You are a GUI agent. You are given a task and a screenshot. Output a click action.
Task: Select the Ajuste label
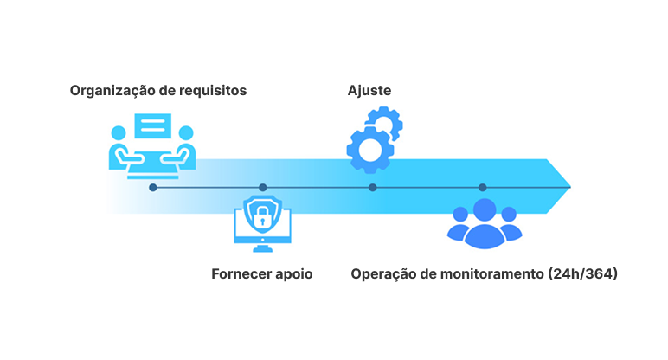point(369,91)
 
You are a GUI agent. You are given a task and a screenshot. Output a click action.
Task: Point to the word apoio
point(294,275)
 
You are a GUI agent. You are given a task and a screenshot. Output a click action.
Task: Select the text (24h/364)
point(583,274)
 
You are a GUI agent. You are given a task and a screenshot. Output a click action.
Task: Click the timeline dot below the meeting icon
point(153,188)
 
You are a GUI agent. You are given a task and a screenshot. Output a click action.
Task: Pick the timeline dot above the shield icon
point(263,188)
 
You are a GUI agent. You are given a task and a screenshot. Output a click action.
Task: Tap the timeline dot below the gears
point(373,188)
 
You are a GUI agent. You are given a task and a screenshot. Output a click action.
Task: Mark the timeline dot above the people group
point(483,188)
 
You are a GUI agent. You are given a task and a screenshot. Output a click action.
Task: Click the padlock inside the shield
point(262,217)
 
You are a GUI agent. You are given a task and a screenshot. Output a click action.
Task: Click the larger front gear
point(370,151)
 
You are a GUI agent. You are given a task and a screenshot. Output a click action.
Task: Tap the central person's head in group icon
point(485,209)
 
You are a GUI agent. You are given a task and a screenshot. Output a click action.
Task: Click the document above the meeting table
point(153,125)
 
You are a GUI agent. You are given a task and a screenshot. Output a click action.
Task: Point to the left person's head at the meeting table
point(119,133)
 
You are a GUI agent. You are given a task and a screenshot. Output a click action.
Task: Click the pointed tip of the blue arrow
point(570,187)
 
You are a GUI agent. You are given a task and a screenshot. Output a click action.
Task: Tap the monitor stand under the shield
point(262,248)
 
